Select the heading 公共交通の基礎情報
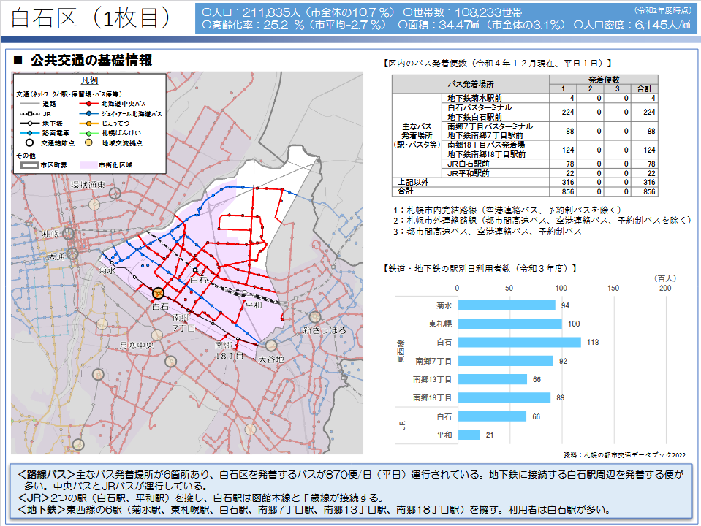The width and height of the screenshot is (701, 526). pos(91,61)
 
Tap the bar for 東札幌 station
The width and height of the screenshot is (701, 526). pos(509,324)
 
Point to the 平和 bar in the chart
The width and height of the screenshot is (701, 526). pos(469,435)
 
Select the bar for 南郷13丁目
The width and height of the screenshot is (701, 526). pos(492,379)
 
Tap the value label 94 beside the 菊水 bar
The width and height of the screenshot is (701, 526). pos(565,305)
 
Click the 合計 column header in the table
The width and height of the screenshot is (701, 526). pos(645,88)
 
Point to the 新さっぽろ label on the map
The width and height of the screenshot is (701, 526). pos(323,330)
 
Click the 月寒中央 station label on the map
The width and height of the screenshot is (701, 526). pos(137,345)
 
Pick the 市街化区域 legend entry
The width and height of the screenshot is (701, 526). pos(114,165)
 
